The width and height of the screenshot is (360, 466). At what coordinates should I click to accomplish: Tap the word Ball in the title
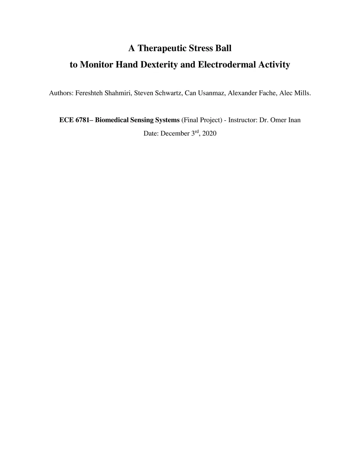pos(223,48)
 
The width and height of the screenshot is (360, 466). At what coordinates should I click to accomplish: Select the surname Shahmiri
pos(118,93)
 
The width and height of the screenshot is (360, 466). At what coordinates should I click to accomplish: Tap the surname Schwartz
pos(168,93)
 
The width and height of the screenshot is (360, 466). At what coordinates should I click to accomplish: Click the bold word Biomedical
pos(112,120)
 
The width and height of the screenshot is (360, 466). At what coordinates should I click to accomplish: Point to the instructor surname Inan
pos(294,120)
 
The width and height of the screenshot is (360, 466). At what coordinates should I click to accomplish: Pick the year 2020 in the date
pos(210,134)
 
